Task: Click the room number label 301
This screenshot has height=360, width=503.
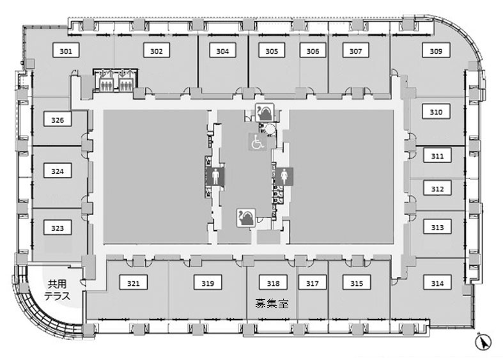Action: click(x=66, y=51)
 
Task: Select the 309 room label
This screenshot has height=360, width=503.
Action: click(x=436, y=51)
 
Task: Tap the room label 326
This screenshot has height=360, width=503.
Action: click(x=58, y=120)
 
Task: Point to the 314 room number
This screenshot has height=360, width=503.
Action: click(x=437, y=283)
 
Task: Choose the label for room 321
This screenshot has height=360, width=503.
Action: click(x=133, y=283)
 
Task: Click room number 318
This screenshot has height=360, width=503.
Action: click(x=273, y=283)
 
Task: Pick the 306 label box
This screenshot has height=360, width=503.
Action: click(x=313, y=51)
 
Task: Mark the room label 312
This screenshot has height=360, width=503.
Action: click(x=437, y=189)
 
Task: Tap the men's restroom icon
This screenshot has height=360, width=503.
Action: click(x=215, y=176)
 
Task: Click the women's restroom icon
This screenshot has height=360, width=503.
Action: click(x=284, y=176)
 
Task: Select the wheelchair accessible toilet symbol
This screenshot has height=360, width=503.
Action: click(x=258, y=141)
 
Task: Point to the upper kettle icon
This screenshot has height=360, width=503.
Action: click(x=265, y=113)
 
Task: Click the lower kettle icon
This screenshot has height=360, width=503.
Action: click(x=246, y=218)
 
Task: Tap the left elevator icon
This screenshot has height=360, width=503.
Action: click(x=105, y=81)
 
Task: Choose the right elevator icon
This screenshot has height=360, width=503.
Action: click(x=125, y=81)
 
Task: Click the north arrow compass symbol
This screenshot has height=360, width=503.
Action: click(x=483, y=341)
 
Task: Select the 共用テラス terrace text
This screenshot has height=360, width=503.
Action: click(x=58, y=290)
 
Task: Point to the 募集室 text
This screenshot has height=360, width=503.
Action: click(x=272, y=304)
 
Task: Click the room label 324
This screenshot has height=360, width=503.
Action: click(x=58, y=171)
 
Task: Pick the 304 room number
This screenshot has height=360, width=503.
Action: click(x=222, y=51)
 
